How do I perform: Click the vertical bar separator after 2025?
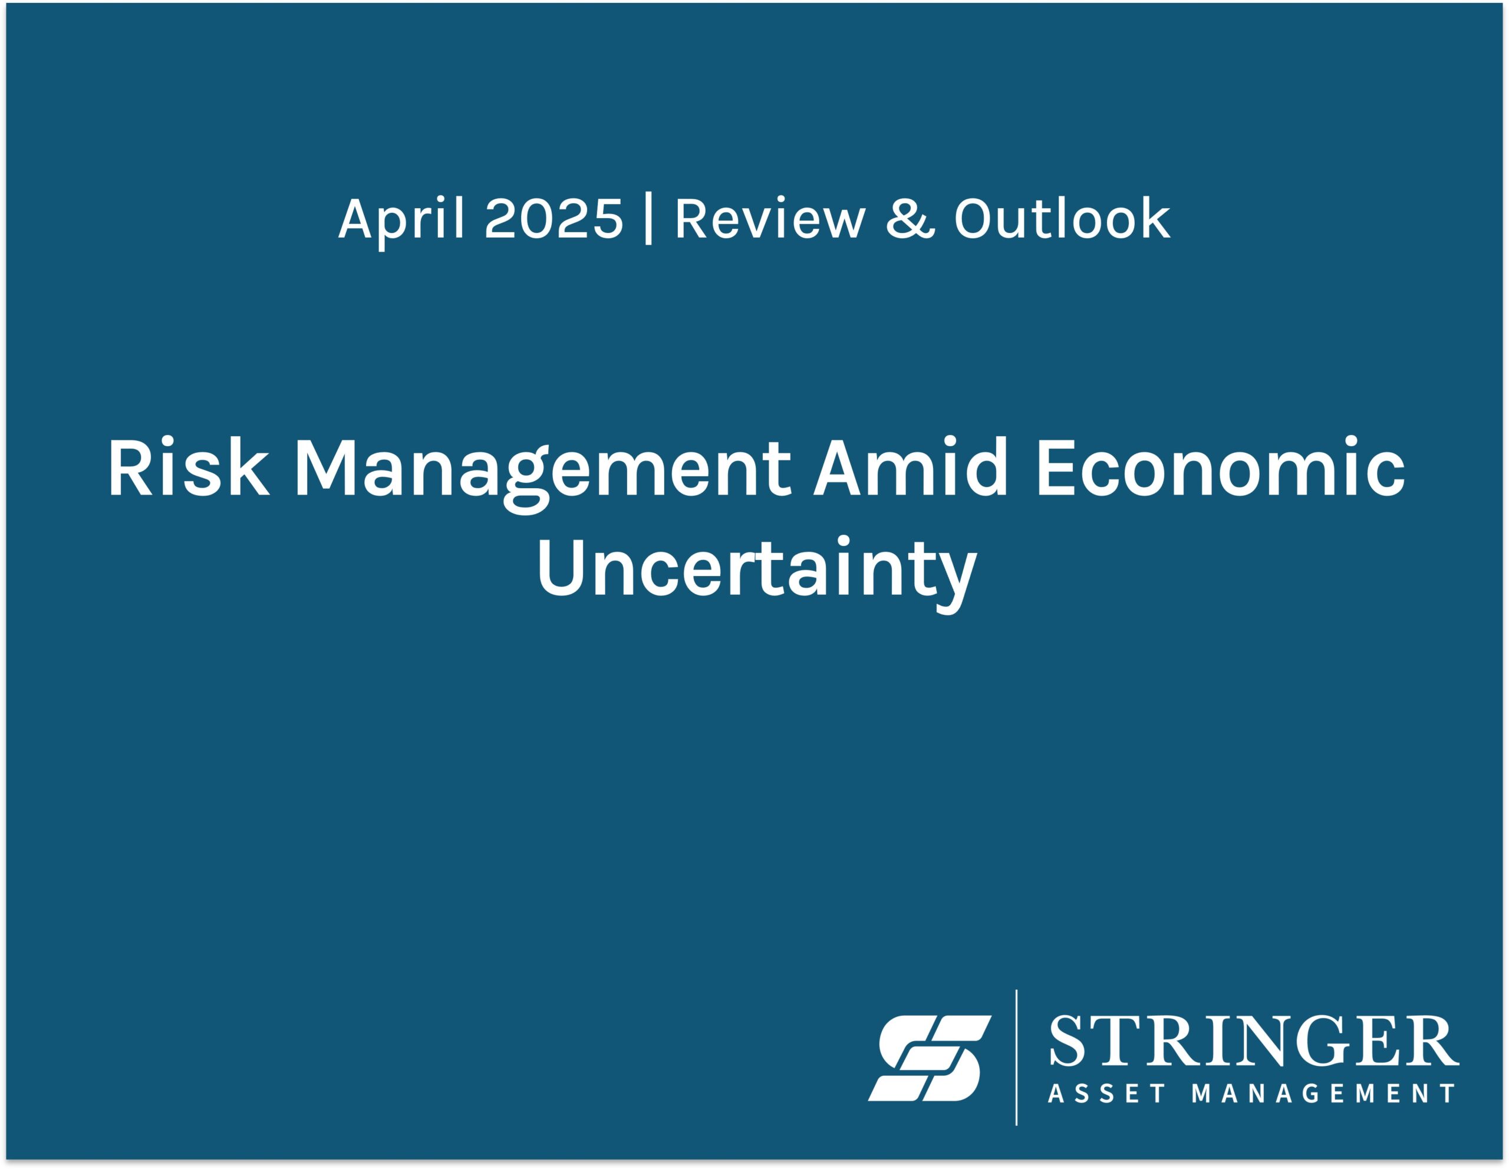pyautogui.click(x=648, y=220)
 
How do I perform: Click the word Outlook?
pyautogui.click(x=1062, y=218)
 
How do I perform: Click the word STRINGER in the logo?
pyautogui.click(x=1253, y=1041)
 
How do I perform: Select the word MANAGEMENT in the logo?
pyautogui.click(x=1325, y=1093)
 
